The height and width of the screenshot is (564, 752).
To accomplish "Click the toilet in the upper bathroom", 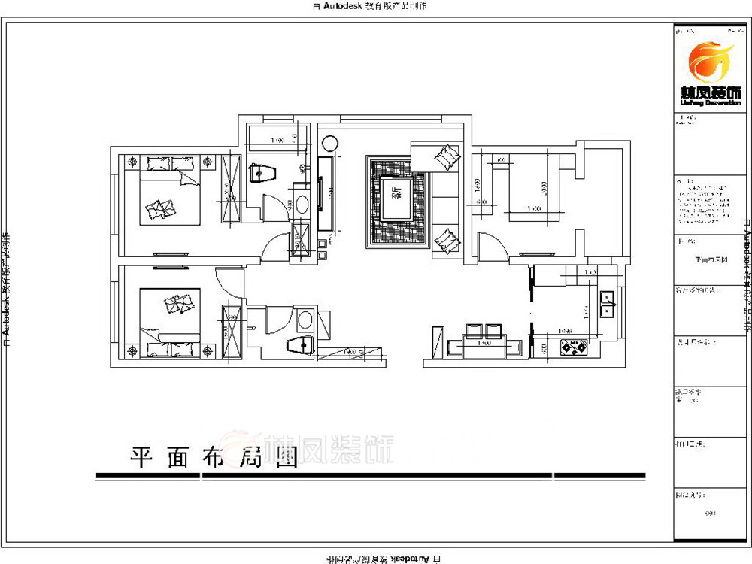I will click(262, 174).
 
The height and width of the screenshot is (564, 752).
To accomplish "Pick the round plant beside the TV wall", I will click(329, 143).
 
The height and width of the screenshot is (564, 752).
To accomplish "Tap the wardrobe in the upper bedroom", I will click(230, 187).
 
